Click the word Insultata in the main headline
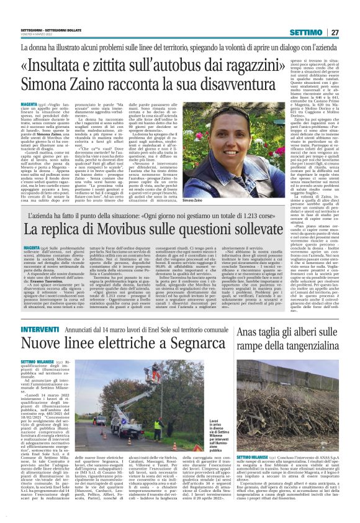pos(61,65)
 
